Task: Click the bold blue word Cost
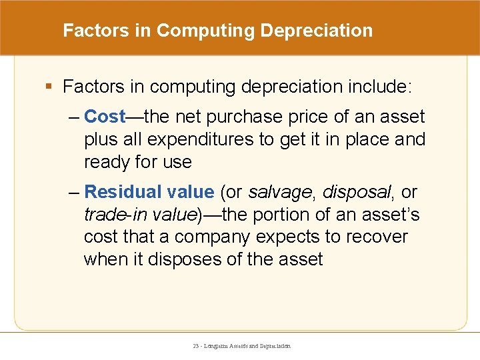105,117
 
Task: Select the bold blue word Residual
123,192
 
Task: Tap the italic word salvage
279,192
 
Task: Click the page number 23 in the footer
196,346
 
